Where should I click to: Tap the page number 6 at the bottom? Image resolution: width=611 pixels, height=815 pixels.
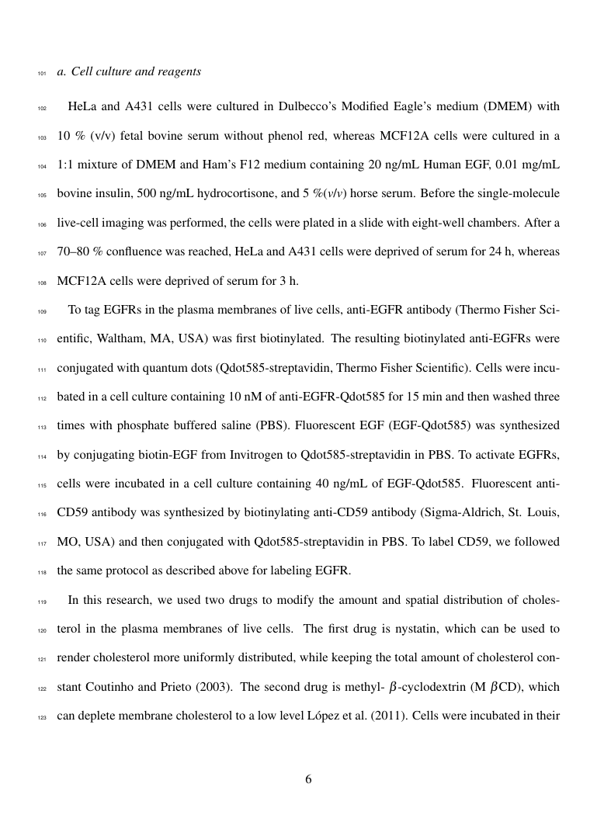[308, 779]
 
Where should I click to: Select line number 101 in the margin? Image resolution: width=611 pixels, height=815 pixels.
[42, 75]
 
